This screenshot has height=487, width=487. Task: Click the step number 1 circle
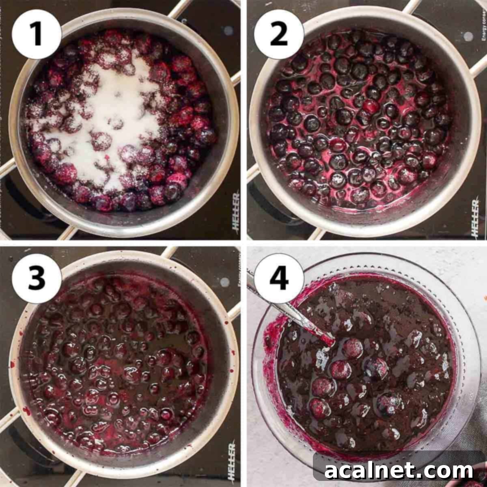click(37, 34)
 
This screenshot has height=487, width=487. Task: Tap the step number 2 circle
click(279, 34)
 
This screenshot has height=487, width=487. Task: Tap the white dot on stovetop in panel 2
click(468, 36)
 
